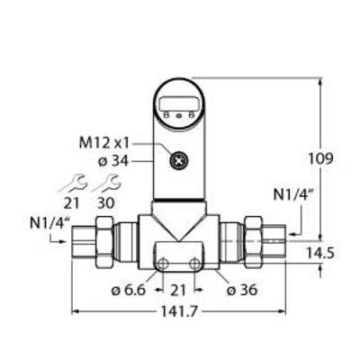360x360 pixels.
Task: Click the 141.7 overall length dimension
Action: point(179,312)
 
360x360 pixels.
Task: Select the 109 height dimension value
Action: point(320,158)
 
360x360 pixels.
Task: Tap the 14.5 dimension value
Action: point(320,254)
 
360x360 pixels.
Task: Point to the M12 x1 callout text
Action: point(103,144)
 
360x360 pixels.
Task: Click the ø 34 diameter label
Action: point(113,162)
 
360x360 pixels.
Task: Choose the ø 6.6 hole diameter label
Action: point(129,290)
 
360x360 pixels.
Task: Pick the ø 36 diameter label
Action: point(242,290)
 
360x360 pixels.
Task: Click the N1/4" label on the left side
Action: point(49,224)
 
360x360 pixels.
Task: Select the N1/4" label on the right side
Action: point(293,195)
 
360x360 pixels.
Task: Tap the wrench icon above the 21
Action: point(73,183)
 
